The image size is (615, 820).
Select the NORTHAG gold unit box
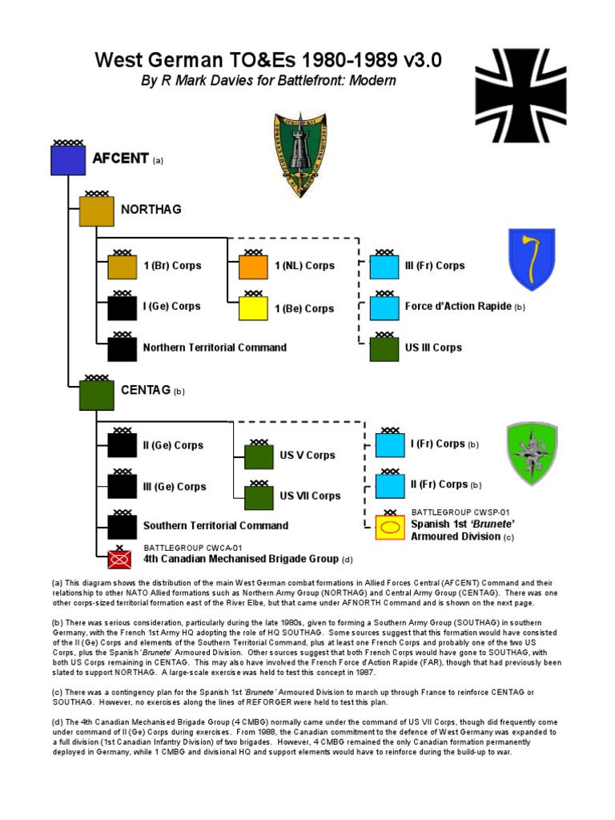(95, 211)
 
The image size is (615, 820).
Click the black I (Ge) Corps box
(123, 308)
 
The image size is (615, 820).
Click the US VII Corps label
(310, 496)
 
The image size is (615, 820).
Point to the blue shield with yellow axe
(532, 259)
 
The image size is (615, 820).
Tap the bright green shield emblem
(532, 453)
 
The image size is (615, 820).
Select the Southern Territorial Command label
(215, 526)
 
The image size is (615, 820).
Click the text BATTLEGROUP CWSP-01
(460, 512)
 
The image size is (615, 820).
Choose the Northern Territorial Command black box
(123, 349)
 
